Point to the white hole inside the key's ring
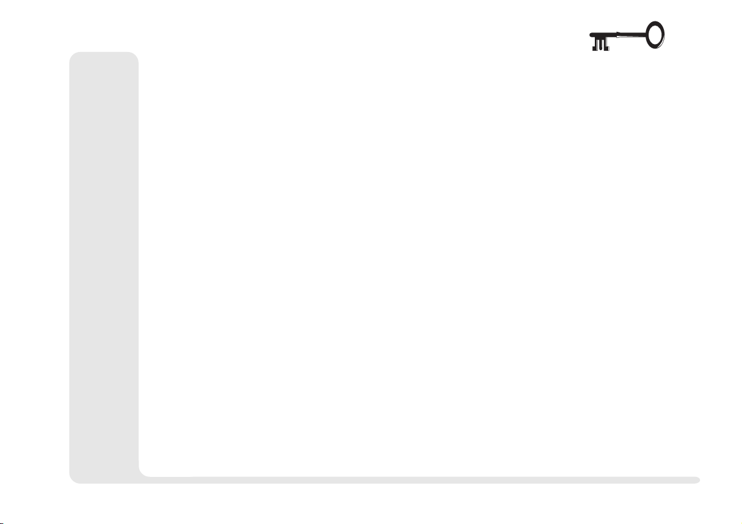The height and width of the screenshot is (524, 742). pyautogui.click(x=655, y=34)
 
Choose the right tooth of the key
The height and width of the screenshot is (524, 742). pyautogui.click(x=606, y=44)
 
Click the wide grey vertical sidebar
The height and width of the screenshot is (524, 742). pyautogui.click(x=104, y=263)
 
